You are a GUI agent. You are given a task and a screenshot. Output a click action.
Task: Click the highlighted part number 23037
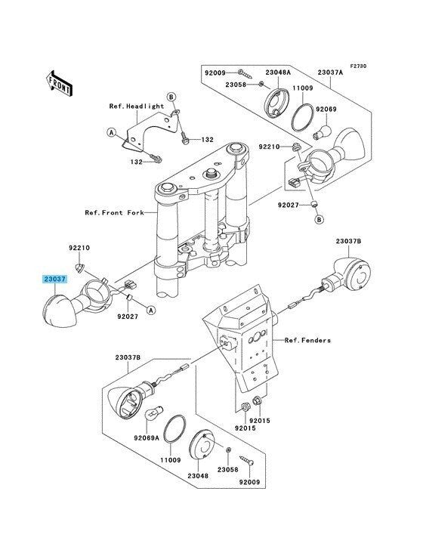[x=54, y=280]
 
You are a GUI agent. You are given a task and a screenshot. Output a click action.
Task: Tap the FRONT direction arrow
[x=59, y=83]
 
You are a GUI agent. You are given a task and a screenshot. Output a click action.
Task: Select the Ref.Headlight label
[x=137, y=107]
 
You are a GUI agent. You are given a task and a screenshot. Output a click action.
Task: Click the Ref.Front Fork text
[x=114, y=213]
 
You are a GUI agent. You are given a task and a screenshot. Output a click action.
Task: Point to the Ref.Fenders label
[x=307, y=340]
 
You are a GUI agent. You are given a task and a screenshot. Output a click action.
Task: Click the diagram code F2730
[x=358, y=66]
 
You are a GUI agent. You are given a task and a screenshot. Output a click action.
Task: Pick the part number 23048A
[x=278, y=73]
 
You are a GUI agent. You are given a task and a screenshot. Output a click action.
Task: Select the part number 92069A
[x=147, y=438]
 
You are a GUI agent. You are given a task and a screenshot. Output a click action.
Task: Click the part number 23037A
[x=330, y=73]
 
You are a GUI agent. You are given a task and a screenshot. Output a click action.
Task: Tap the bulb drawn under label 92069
[x=323, y=132]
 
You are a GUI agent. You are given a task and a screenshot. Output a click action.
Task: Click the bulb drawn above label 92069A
[x=154, y=412]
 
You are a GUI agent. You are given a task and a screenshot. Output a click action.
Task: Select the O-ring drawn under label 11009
[x=302, y=117]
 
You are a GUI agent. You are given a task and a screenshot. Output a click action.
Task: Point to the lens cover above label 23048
[x=202, y=444]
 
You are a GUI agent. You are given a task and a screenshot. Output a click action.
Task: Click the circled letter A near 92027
[x=151, y=310]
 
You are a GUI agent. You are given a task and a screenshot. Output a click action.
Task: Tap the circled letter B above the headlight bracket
[x=171, y=97]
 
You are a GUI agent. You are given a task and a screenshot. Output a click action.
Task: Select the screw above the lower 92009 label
[x=247, y=461]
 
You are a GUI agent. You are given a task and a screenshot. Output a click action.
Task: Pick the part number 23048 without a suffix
[x=198, y=476]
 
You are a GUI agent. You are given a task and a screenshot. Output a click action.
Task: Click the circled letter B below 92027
[x=319, y=219]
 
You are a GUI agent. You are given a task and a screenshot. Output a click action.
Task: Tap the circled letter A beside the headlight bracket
[x=112, y=133]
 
